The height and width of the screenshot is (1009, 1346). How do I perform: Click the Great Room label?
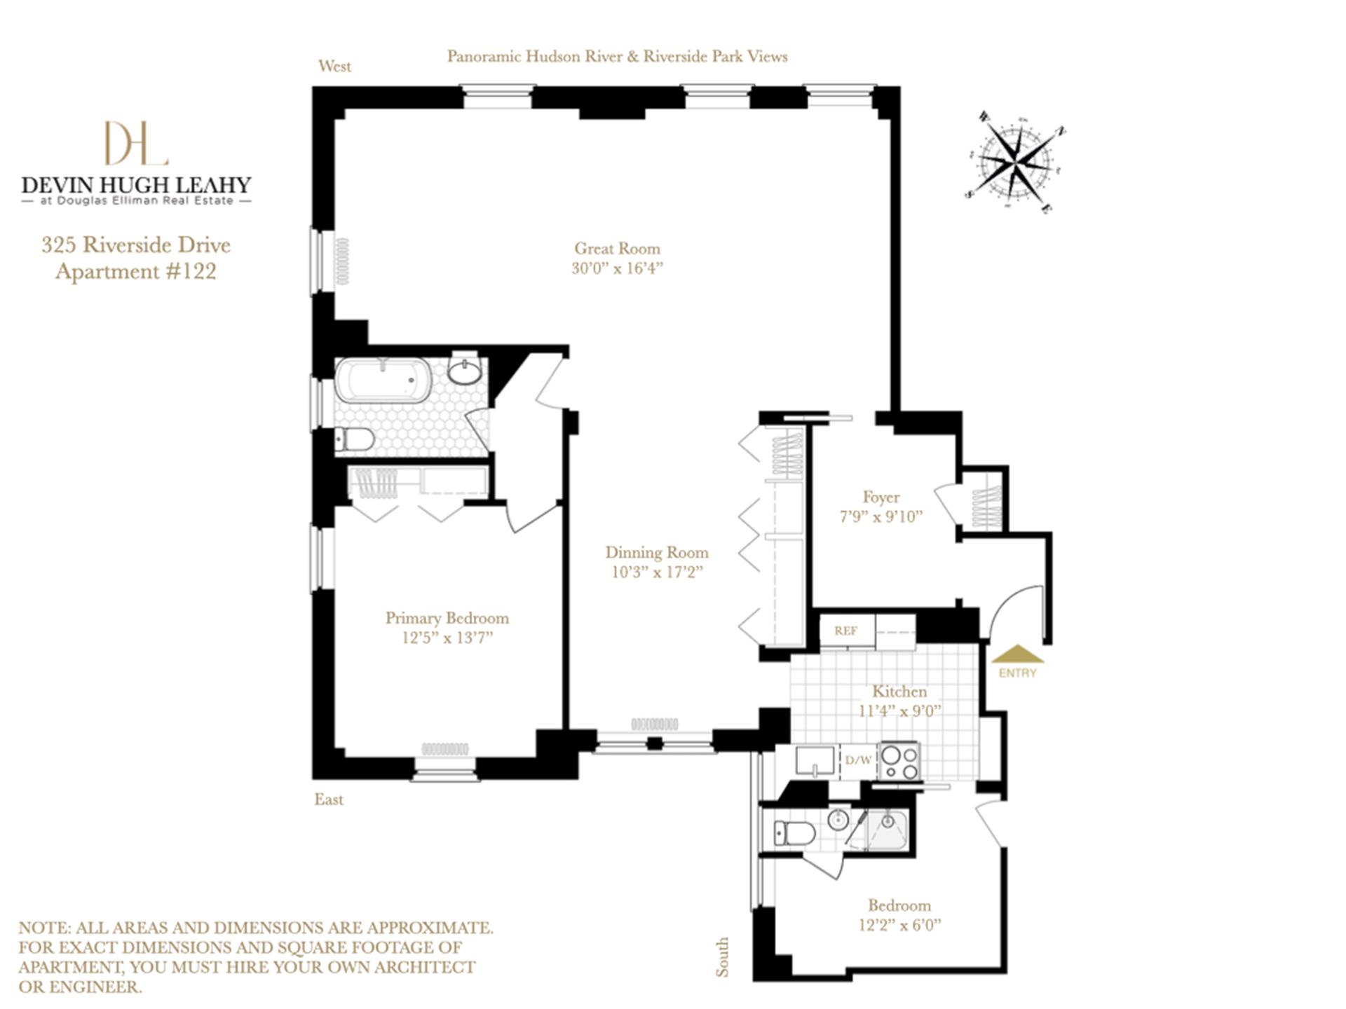click(x=617, y=249)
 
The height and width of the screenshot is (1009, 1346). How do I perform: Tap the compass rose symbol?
click(x=1015, y=164)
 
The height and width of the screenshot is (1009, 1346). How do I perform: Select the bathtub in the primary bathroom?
click(x=383, y=380)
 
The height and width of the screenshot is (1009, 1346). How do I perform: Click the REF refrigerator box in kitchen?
click(x=846, y=631)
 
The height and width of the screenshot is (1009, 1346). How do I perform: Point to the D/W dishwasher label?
click(x=858, y=760)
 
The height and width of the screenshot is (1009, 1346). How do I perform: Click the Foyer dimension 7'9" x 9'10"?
click(x=881, y=517)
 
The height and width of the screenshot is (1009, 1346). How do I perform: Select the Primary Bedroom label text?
click(x=447, y=618)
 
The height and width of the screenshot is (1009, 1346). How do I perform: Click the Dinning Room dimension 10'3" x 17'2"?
click(x=656, y=572)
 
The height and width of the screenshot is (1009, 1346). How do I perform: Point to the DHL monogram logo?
click(x=136, y=144)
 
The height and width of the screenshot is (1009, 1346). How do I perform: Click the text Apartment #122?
click(x=135, y=272)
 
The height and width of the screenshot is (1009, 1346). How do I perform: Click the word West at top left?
click(x=334, y=67)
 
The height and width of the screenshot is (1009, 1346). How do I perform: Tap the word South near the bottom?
click(x=722, y=956)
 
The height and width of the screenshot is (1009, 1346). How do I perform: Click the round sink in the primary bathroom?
click(x=465, y=372)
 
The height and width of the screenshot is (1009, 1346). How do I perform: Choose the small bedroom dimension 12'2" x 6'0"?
click(x=899, y=925)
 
